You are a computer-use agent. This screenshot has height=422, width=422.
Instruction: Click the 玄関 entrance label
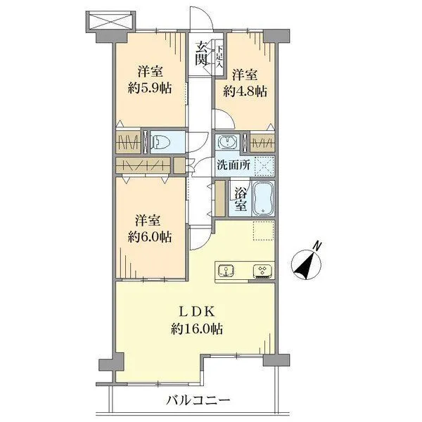202,54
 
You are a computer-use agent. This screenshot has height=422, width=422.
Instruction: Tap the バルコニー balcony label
199,402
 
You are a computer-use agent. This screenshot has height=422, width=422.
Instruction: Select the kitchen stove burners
262,270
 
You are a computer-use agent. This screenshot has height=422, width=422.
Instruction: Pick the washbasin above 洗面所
228,141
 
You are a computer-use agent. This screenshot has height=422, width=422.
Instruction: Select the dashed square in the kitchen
262,231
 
